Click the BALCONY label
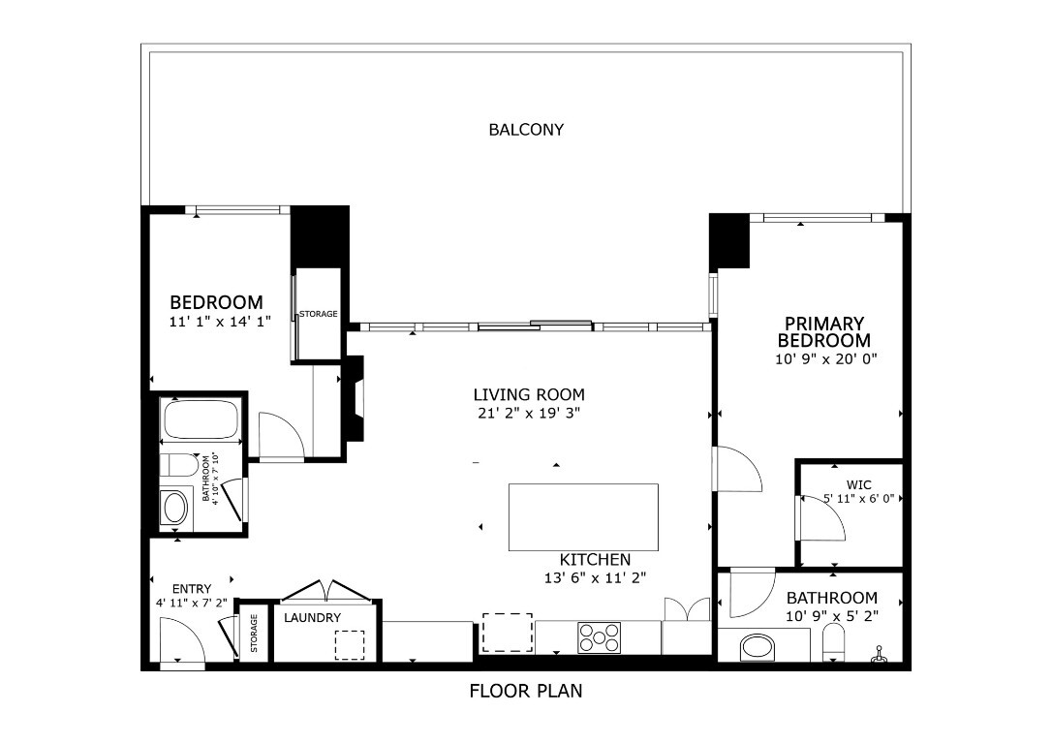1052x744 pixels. point(526,129)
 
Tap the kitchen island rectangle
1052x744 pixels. point(583,517)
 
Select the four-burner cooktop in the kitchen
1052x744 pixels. point(599,637)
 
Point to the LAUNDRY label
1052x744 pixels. point(312,617)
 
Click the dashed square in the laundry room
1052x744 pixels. point(349,644)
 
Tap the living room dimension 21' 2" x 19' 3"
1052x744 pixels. point(529,412)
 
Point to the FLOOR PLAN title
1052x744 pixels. point(526,691)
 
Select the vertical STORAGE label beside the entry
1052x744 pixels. point(254,635)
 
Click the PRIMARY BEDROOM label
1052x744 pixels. point(823,331)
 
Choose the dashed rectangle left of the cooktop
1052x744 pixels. point(508,632)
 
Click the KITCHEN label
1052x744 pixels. point(595,560)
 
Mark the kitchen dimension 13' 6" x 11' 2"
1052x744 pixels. point(595,577)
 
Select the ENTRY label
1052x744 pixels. point(191,589)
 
